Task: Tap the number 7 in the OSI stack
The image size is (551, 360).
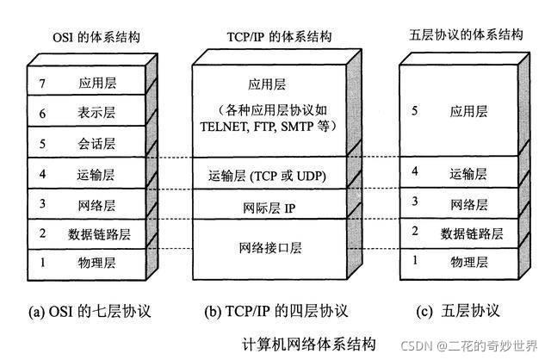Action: (42, 84)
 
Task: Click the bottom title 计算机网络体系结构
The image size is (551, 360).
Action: (309, 344)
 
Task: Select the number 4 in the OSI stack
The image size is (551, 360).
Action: (42, 172)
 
